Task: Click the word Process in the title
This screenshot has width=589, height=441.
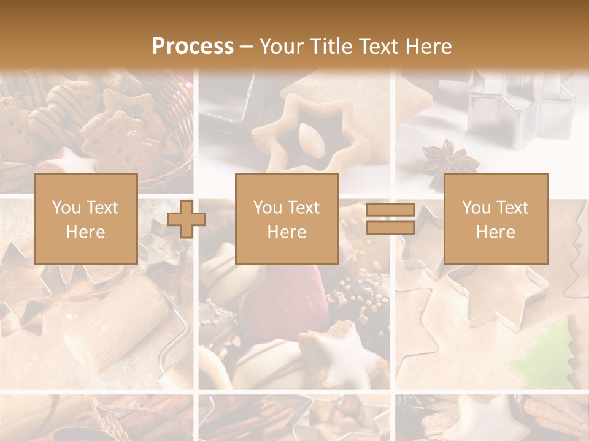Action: point(193,47)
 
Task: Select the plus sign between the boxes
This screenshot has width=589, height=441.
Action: point(186,219)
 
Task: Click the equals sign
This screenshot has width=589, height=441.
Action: point(390,219)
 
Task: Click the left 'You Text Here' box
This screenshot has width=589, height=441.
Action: point(86,219)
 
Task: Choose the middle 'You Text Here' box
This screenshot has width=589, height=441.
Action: point(287,219)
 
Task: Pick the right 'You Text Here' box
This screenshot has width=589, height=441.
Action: point(496,219)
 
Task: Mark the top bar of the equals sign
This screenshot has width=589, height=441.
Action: point(390,211)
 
